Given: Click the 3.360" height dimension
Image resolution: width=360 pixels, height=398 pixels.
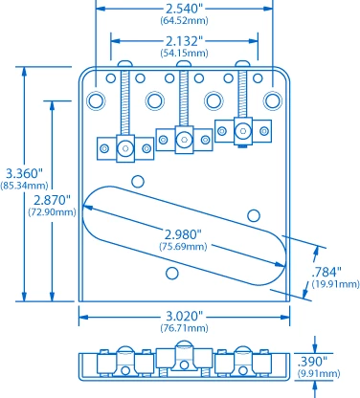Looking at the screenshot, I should tap(22, 172).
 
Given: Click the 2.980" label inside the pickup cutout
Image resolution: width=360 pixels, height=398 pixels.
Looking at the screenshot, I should tap(182, 234).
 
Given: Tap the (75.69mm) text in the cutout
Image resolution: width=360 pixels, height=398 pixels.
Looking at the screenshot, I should tap(182, 247).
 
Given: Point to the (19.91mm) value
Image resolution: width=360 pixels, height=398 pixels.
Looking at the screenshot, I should tap(332, 284).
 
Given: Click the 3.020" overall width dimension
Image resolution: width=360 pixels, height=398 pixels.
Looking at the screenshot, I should tap(183, 316).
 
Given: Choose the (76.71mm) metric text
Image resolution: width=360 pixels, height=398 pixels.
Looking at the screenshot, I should tap(183, 328).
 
